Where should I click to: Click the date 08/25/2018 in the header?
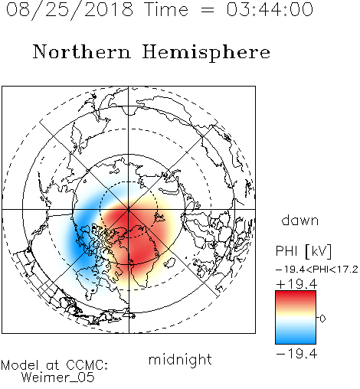(x=70, y=10)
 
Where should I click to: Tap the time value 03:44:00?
(x=270, y=9)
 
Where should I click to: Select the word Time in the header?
(x=166, y=9)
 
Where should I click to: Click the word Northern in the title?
(x=81, y=51)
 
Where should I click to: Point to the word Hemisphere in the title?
(x=206, y=53)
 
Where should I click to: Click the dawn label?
(x=300, y=220)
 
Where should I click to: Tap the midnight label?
(x=180, y=359)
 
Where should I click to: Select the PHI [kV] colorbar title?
(x=304, y=251)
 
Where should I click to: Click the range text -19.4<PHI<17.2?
(x=317, y=270)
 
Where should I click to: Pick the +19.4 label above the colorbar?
(x=296, y=284)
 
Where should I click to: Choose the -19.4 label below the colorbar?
(x=296, y=354)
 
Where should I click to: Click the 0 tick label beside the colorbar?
(x=322, y=319)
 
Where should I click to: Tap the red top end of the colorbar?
(x=296, y=294)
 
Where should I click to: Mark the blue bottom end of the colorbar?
(x=296, y=341)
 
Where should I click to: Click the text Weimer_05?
(x=58, y=377)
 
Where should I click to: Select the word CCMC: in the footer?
(x=87, y=365)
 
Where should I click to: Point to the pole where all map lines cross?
(x=129, y=209)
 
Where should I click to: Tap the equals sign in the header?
(x=208, y=10)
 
